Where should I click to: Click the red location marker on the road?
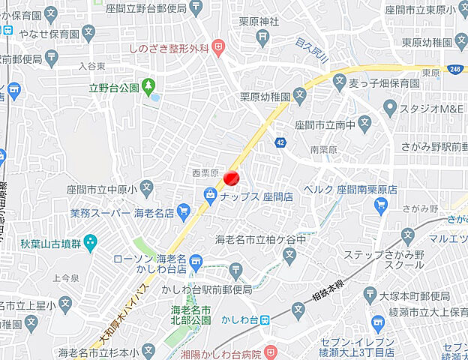tap(232, 178)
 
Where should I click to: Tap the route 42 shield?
tap(280, 142)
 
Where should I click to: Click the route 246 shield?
tap(455, 68)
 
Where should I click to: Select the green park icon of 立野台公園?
tap(149, 87)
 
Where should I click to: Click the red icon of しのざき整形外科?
tap(218, 48)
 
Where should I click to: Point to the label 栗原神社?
tap(259, 22)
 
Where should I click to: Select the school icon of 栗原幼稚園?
tap(299, 96)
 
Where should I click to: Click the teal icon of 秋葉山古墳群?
tap(91, 242)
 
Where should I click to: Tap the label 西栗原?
tap(204, 173)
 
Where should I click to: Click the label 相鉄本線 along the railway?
tap(328, 287)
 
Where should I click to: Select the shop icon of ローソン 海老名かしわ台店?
tap(196, 261)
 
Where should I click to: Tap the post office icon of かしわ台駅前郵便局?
tap(236, 270)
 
